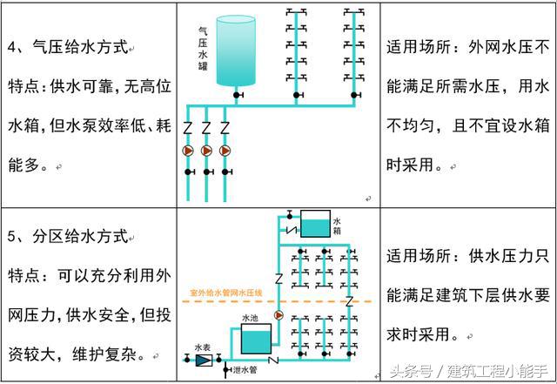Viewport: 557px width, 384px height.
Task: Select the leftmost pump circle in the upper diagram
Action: [x=187, y=150]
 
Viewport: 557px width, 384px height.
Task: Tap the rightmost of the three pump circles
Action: [x=225, y=150]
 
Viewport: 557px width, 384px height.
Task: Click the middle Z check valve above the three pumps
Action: [x=206, y=128]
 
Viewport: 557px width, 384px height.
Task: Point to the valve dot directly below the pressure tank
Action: [x=235, y=94]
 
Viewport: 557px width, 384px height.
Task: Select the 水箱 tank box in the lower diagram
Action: [x=315, y=225]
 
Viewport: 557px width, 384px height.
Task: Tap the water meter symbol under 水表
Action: [x=204, y=359]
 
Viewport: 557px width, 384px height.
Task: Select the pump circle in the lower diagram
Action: [x=279, y=315]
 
